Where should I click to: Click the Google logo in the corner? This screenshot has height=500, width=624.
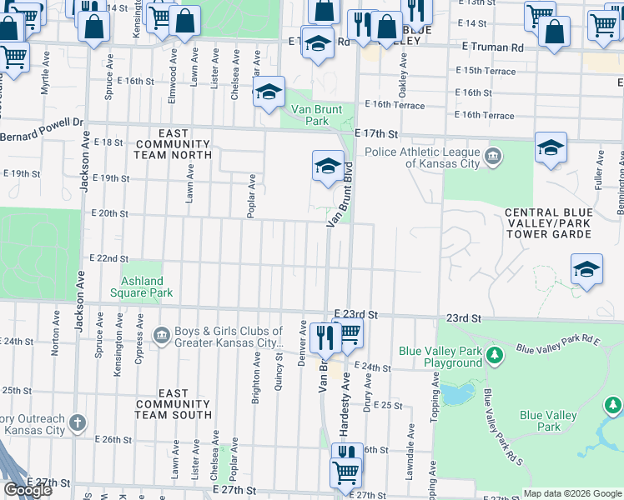pos(28,490)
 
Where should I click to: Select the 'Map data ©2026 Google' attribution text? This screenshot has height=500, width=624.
pos(572,493)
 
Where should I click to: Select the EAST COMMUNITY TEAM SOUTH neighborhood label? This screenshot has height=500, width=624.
pos(173,403)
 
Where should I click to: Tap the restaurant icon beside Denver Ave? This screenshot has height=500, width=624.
pos(323,336)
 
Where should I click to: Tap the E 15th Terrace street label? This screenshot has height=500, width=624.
pos(485,71)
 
